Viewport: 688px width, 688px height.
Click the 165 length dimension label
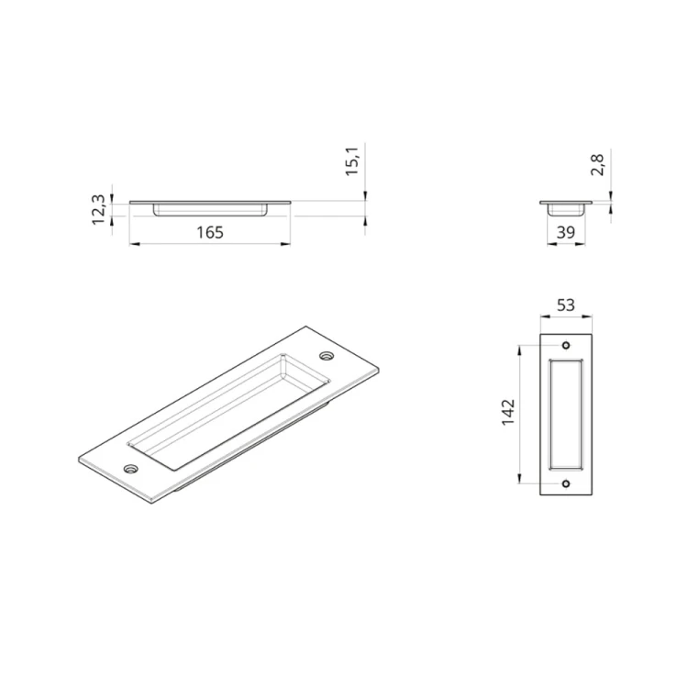(x=210, y=233)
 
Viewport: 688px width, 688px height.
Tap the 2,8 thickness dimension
(x=598, y=166)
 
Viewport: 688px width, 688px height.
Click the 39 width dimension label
(x=565, y=233)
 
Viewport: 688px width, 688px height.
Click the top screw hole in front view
(x=566, y=345)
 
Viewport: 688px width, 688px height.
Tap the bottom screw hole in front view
(x=566, y=483)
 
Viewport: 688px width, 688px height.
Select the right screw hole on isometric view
(x=327, y=355)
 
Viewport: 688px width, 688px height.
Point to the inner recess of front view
(x=566, y=414)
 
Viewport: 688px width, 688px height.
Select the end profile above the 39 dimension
(x=565, y=206)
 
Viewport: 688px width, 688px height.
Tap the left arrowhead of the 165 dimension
(x=132, y=244)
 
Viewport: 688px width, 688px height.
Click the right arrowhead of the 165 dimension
(x=287, y=244)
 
